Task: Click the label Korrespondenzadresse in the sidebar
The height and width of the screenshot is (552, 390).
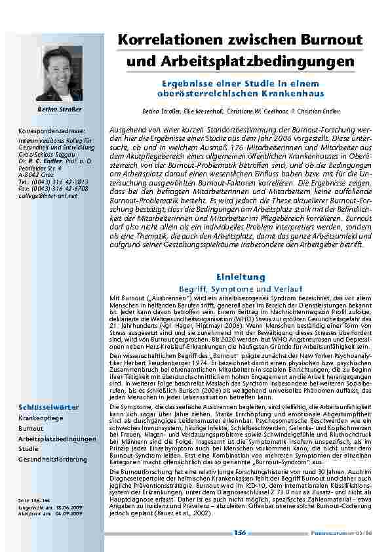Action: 52,132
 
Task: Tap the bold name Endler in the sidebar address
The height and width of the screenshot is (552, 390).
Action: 48,160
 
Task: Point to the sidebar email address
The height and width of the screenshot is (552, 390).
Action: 47,195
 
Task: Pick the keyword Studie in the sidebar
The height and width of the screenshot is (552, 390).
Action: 29,449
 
